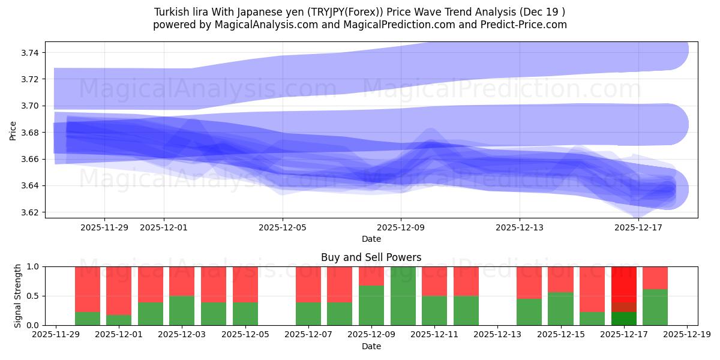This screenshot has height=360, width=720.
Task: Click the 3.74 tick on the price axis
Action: click(x=30, y=53)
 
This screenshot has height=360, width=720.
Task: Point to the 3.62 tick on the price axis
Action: click(x=30, y=212)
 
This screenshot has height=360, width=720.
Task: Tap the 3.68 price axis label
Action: click(x=30, y=133)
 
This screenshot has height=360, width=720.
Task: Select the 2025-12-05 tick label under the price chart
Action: click(x=283, y=227)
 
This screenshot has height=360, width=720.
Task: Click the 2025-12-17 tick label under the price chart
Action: click(x=638, y=227)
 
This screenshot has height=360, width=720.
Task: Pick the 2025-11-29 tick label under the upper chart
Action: click(x=104, y=227)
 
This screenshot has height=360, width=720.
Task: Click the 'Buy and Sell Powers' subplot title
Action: click(x=371, y=257)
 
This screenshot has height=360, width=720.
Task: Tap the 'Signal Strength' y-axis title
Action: click(x=18, y=295)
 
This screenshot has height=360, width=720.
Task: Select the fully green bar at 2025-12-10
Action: click(x=403, y=296)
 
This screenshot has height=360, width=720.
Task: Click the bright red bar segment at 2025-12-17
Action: click(x=623, y=284)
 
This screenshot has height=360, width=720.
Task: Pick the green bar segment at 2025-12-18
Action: click(x=655, y=307)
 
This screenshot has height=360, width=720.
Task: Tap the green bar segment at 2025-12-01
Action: click(x=119, y=320)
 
